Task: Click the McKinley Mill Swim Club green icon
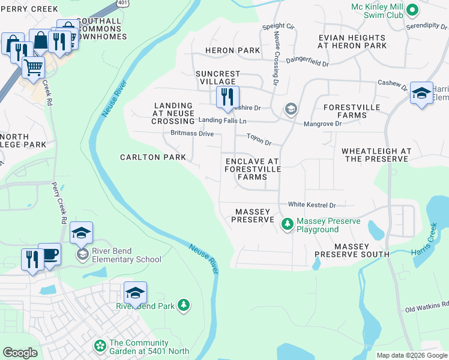[412, 10]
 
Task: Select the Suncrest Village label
[217, 78]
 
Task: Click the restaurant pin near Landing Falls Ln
[228, 97]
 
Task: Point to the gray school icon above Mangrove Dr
[291, 109]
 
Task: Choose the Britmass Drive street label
[191, 133]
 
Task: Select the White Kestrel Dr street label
[312, 205]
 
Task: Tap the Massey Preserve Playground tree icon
[288, 224]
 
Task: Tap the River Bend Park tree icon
[184, 305]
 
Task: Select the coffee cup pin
[49, 253]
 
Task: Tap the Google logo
[20, 353]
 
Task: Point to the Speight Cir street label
[279, 27]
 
